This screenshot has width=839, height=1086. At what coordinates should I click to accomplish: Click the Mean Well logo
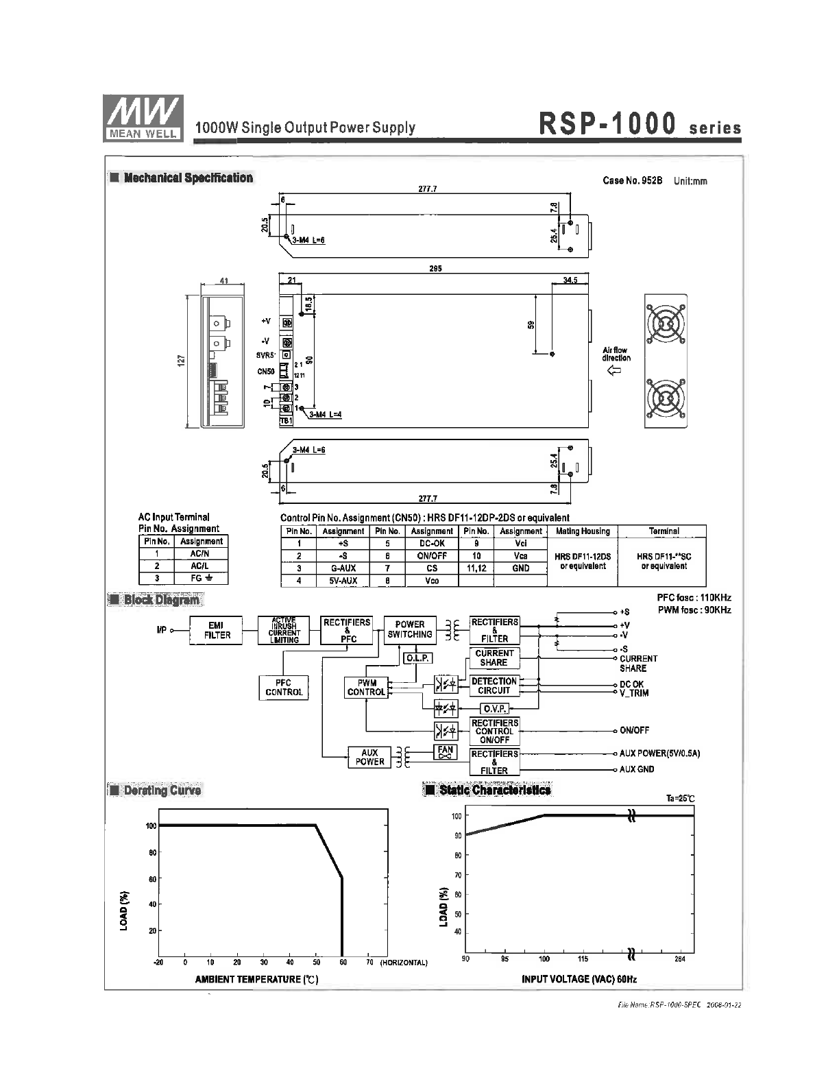click(x=143, y=117)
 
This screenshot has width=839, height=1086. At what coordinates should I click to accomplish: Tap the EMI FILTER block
click(x=217, y=630)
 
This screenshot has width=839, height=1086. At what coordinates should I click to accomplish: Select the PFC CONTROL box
click(x=284, y=688)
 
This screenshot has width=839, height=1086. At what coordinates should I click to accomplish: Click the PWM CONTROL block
click(x=366, y=688)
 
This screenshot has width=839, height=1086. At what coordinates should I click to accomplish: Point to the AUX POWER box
click(x=369, y=757)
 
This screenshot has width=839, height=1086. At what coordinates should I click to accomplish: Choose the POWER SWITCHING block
click(x=410, y=629)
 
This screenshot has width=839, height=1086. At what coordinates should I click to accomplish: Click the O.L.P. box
click(x=417, y=658)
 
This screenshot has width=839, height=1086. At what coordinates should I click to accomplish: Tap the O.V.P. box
click(x=494, y=709)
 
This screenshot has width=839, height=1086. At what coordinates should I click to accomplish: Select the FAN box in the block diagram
click(x=446, y=752)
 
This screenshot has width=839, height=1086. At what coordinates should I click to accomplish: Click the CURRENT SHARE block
click(x=494, y=658)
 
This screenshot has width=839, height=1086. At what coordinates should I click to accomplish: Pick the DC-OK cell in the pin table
click(x=432, y=543)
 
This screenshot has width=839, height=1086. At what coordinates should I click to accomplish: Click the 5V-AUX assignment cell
click(x=343, y=581)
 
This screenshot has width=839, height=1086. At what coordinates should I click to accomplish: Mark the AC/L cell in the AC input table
click(x=200, y=566)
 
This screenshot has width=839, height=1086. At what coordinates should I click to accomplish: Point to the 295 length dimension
click(x=435, y=269)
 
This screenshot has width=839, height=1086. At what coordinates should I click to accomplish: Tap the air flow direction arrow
click(x=615, y=371)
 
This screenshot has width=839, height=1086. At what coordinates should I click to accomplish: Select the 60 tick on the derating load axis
click(x=151, y=879)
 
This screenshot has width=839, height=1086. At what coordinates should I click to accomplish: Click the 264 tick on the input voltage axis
click(x=680, y=959)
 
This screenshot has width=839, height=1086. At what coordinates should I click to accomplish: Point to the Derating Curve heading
click(x=162, y=791)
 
